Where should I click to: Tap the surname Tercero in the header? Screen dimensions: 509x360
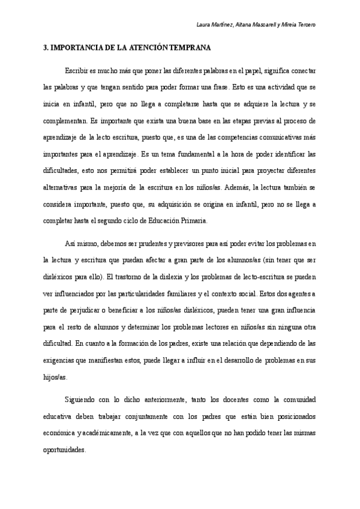(x=304, y=25)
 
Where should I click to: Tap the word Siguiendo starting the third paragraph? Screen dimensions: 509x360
(x=80, y=399)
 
